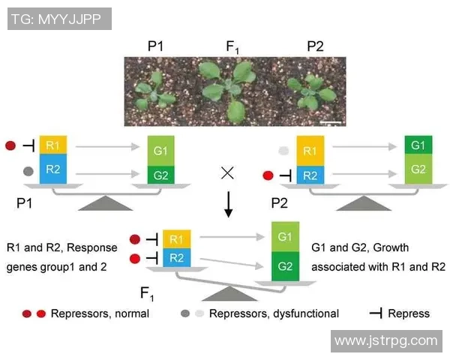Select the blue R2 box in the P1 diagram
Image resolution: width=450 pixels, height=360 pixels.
[x=52, y=170]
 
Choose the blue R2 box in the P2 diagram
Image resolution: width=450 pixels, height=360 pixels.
[x=310, y=175]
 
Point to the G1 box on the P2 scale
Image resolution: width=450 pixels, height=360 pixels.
[x=418, y=144]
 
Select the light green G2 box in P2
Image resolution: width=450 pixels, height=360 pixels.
[x=418, y=169]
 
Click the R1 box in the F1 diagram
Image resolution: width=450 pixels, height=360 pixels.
[x=176, y=239]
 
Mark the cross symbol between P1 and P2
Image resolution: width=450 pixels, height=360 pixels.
[x=228, y=173]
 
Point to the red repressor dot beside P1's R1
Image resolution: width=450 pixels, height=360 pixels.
[x=11, y=145]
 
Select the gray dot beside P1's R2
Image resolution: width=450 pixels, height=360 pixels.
[x=28, y=171]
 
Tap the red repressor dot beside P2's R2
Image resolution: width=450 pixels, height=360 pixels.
[x=268, y=177]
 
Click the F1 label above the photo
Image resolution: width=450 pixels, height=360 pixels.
[x=232, y=47]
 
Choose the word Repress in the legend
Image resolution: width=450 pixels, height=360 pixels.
[x=409, y=313]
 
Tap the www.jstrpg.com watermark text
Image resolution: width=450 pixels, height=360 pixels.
[x=385, y=340]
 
